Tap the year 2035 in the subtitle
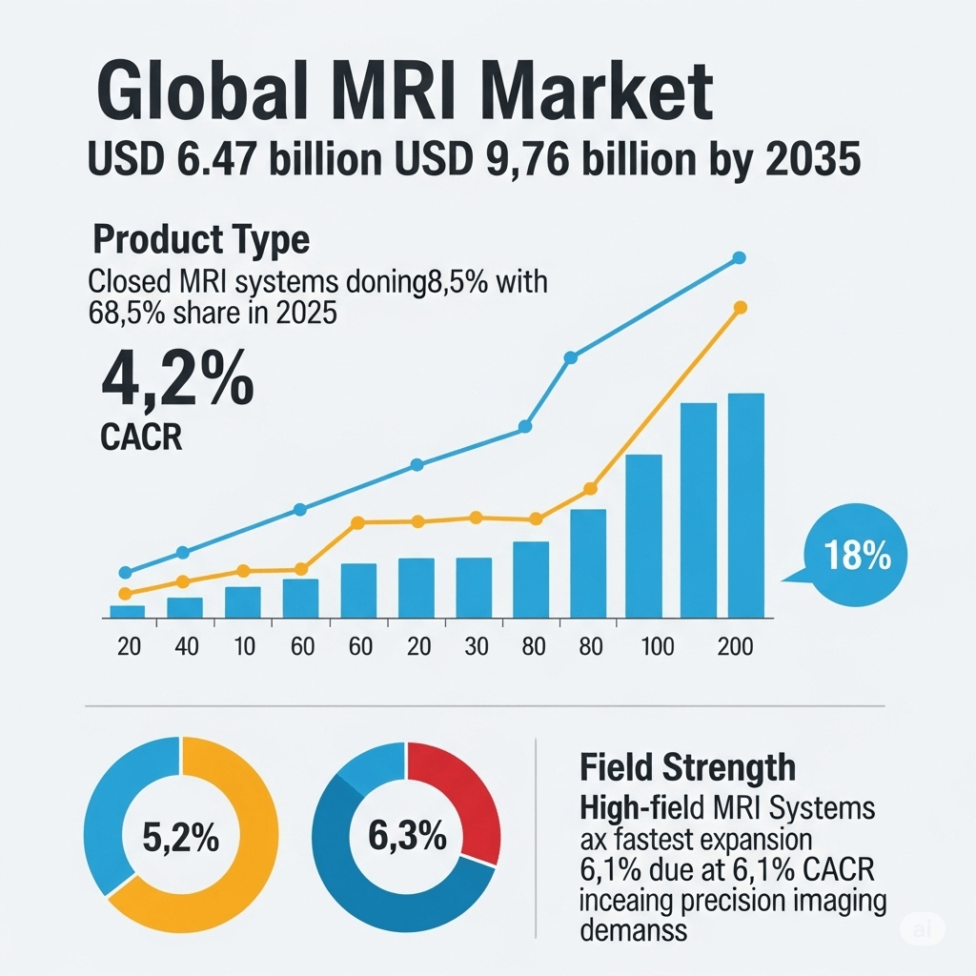click(813, 159)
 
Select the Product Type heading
click(201, 239)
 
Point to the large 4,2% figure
click(177, 379)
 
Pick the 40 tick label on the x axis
click(186, 646)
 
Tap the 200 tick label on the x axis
click(734, 646)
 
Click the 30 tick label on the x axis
click(474, 646)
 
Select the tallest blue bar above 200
click(745, 505)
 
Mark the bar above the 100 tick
click(643, 536)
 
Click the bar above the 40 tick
click(185, 608)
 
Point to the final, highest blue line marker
click(739, 258)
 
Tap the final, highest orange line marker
click(740, 307)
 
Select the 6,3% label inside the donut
click(407, 838)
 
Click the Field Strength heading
click(686, 767)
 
